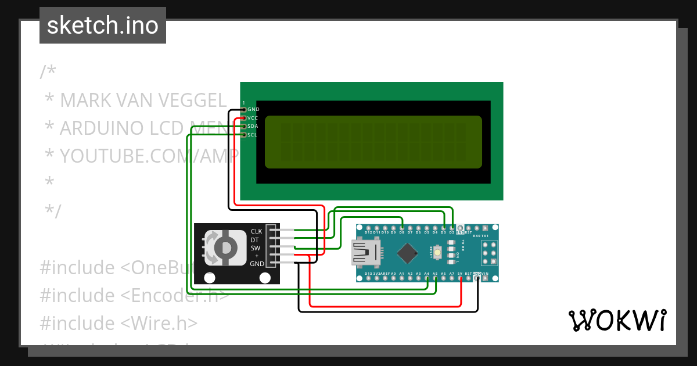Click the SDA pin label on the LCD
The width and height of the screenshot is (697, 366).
253,126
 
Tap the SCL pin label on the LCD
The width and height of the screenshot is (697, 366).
253,135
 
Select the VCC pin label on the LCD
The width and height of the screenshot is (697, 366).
253,117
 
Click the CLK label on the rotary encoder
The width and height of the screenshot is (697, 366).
256,231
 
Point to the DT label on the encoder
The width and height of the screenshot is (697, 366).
254,239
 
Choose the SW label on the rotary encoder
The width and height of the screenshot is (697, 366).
256,247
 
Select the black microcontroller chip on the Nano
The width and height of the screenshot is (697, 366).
409,253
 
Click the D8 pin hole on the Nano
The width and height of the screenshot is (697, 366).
402,228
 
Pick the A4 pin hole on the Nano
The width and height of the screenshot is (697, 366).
427,278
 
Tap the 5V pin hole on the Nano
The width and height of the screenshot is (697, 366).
460,278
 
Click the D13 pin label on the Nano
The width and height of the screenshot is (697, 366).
368,273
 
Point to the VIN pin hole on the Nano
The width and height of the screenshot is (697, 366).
486,278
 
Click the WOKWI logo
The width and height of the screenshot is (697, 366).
617,320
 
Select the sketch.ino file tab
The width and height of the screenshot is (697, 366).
103,26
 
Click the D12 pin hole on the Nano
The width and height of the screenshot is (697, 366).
368,228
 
